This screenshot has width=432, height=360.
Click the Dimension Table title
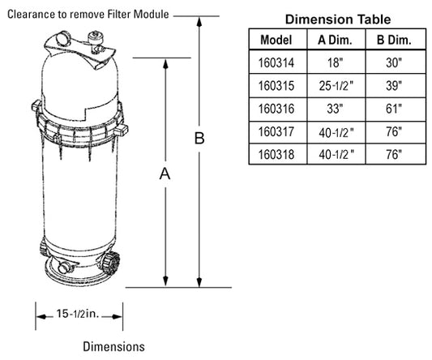(x=338, y=19)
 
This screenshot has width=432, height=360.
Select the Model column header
(x=276, y=40)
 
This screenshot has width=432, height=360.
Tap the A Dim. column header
(x=335, y=40)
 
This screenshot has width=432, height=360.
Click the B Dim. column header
(x=394, y=40)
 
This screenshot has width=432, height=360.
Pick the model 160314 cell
(x=276, y=62)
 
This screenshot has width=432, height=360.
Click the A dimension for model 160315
(x=336, y=86)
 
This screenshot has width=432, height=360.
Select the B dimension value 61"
(x=394, y=109)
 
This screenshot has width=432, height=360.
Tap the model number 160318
(x=276, y=154)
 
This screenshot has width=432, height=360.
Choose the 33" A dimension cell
(x=335, y=109)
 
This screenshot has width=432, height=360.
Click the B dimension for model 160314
(x=394, y=62)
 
